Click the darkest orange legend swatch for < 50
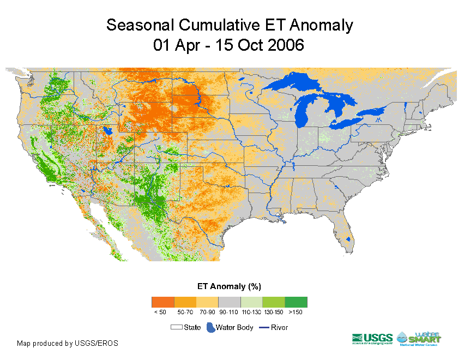[x=162, y=302]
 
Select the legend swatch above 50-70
[x=185, y=302]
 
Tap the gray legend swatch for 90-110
[x=229, y=302]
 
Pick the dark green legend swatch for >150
[x=296, y=302]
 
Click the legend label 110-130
[x=251, y=313]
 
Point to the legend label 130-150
[x=273, y=313]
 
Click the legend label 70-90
[x=207, y=313]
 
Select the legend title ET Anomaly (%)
[x=229, y=286]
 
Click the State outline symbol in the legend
[x=176, y=328]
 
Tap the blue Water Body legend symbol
[x=210, y=328]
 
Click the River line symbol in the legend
[x=263, y=328]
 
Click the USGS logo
[x=372, y=339]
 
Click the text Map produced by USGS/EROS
[x=68, y=344]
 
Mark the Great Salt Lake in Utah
[x=107, y=131]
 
